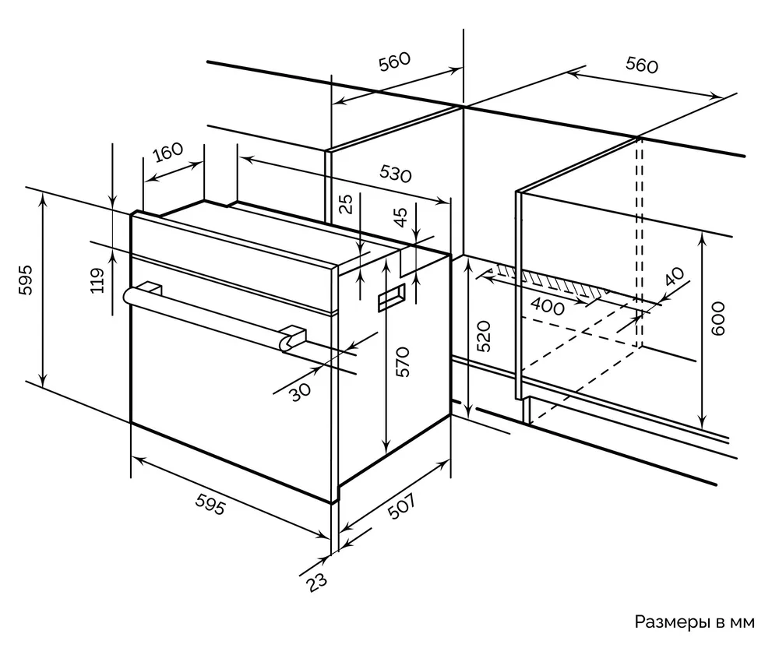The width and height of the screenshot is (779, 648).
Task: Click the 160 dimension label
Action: click(167, 152)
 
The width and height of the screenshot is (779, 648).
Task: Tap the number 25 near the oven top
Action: click(347, 203)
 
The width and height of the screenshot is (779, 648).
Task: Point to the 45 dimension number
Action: click(400, 217)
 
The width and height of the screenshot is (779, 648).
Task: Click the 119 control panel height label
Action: click(97, 280)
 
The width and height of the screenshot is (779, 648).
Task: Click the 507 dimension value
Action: click(403, 512)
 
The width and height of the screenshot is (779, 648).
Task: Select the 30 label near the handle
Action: click(298, 390)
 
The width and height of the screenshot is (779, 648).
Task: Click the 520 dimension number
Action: click(484, 336)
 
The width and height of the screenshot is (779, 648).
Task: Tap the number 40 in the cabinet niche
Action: click(674, 277)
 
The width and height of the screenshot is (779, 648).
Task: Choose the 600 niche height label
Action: click(718, 319)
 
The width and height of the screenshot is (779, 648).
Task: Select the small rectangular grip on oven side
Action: click(391, 298)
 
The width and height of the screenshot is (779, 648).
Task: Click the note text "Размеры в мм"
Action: click(695, 622)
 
